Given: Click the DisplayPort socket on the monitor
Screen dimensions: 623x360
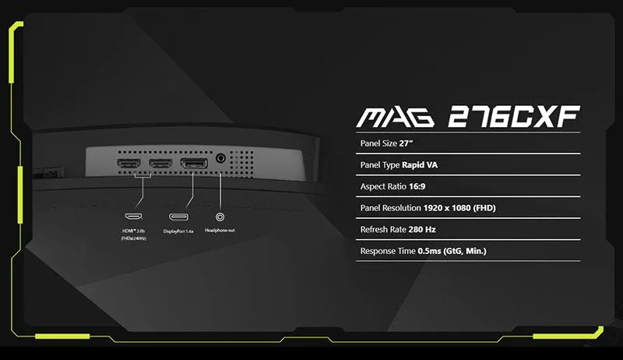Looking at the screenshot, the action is (194, 164).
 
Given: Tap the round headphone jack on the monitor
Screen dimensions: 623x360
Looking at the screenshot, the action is (220, 158).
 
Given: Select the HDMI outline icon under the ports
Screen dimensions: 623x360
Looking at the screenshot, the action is (133, 217).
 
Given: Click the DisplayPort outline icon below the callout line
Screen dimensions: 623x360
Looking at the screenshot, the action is (179, 217).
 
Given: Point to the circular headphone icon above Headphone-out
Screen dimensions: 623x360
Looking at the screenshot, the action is (220, 217).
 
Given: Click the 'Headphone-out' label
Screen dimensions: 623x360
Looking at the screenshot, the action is (220, 231).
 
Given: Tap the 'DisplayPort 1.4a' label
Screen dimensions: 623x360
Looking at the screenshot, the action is (178, 231).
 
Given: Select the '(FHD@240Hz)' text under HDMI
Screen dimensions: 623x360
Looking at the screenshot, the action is (133, 238).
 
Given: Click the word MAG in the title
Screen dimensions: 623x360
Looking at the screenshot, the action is (396, 117).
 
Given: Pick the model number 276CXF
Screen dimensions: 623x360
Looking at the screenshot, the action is (514, 117).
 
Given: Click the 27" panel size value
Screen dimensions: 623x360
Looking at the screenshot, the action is (406, 143).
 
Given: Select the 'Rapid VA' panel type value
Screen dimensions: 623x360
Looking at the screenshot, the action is (420, 165).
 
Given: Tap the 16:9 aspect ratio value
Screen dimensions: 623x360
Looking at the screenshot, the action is (417, 186).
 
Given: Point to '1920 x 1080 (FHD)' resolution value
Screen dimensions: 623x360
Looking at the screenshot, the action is (459, 208).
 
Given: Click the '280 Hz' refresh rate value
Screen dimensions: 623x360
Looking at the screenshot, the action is (422, 229).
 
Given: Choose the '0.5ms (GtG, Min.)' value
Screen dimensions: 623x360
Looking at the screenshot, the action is (452, 251).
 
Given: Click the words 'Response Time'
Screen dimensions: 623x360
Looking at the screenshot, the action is (388, 251).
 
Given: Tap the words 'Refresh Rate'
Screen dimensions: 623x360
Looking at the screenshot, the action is (383, 229).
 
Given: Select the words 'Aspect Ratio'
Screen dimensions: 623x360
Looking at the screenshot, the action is (383, 186).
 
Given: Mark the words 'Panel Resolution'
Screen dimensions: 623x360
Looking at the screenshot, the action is (391, 208).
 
